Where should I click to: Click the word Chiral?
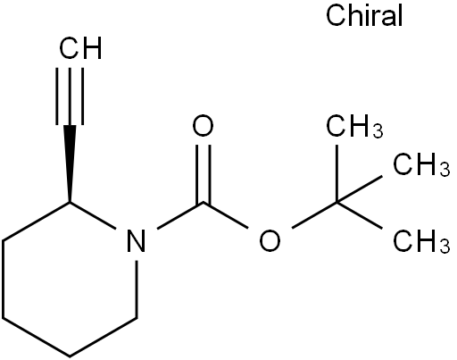pyautogui.click(x=364, y=16)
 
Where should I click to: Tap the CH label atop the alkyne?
pyautogui.click(x=80, y=48)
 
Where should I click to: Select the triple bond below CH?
pyautogui.click(x=70, y=96)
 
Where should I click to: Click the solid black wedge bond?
pyautogui.click(x=70, y=163)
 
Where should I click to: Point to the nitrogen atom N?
pyautogui.click(x=137, y=240)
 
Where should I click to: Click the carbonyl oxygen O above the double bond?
pyautogui.click(x=203, y=125)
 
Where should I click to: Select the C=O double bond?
pyautogui.click(x=204, y=174)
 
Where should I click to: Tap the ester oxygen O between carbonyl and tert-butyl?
pyautogui.click(x=270, y=240)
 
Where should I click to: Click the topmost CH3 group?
pyautogui.click(x=354, y=126)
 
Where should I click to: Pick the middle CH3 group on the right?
pyautogui.click(x=421, y=164)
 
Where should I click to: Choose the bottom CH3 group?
pyautogui.click(x=421, y=241)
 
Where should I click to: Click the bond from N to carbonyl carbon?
pyautogui.click(x=180, y=215)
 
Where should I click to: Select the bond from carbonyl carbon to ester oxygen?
pyautogui.click(x=226, y=215)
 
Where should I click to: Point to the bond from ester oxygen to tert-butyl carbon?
pyautogui.click(x=314, y=215)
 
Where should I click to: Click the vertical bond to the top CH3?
pyautogui.click(x=337, y=173)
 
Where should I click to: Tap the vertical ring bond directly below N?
pyautogui.click(x=137, y=289)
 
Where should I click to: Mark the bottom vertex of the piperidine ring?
pyautogui.click(x=70, y=356)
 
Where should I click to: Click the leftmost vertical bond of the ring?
pyautogui.click(x=3, y=280)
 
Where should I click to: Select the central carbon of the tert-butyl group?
pyautogui.click(x=337, y=203)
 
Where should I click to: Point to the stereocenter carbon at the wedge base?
pyautogui.click(x=70, y=203)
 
